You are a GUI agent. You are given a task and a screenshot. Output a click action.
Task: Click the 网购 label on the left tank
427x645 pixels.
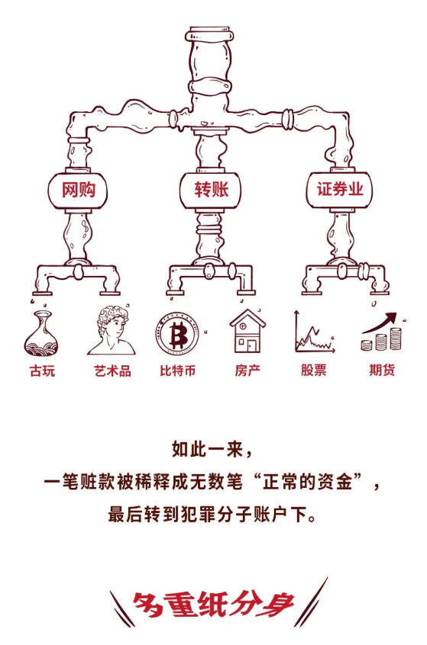click(x=79, y=190)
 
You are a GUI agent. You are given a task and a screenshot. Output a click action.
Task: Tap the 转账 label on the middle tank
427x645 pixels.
click(x=212, y=190)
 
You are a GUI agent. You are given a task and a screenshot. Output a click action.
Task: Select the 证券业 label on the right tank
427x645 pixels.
click(x=340, y=189)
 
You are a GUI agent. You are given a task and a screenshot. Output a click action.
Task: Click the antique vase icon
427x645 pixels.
click(x=41, y=333)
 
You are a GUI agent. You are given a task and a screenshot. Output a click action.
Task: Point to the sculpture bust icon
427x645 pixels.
click(x=112, y=330)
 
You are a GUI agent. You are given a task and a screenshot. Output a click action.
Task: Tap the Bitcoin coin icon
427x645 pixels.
click(x=178, y=332)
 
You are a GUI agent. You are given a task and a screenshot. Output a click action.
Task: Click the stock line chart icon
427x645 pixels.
click(x=314, y=332)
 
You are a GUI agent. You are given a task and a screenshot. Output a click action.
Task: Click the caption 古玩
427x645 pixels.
click(x=42, y=371)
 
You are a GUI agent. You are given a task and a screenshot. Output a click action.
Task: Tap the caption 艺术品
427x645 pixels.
click(x=112, y=371)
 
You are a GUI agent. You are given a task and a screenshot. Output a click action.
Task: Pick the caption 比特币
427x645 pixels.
click(x=178, y=371)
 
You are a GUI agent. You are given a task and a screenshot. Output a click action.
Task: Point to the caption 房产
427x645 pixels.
click(x=247, y=371)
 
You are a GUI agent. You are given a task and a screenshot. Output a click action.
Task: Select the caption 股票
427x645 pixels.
click(x=313, y=370)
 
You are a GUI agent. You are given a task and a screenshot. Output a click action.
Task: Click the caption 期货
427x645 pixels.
click(x=382, y=370)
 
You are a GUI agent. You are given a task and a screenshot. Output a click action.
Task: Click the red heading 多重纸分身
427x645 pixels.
click(x=213, y=605)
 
